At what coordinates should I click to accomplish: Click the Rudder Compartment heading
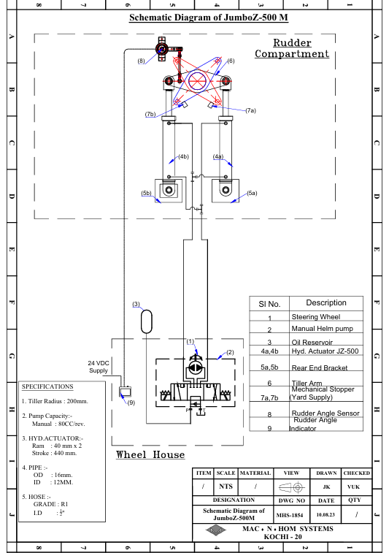(292, 48)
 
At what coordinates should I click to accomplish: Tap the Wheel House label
(150, 454)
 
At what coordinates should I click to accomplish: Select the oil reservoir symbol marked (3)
(147, 321)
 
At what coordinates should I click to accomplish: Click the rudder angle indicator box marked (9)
(125, 392)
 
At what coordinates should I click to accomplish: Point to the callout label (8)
(141, 61)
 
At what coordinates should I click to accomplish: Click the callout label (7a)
(250, 110)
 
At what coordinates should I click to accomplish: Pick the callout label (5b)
(146, 193)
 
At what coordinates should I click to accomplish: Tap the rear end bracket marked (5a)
(226, 191)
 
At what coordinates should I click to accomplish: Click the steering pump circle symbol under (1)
(194, 368)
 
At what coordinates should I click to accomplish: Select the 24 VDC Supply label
(99, 367)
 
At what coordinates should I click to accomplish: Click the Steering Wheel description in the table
(316, 317)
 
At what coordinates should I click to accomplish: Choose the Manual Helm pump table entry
(322, 328)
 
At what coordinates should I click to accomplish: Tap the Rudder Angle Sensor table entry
(326, 413)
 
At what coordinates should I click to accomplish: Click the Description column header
(326, 302)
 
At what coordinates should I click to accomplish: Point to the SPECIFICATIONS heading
(47, 386)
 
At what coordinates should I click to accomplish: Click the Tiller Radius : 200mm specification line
(55, 401)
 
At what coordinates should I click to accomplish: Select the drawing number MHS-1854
(290, 515)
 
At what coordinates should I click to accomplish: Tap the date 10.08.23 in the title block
(326, 514)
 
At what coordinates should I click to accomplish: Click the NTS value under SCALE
(226, 487)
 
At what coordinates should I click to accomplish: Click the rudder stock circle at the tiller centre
(199, 81)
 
